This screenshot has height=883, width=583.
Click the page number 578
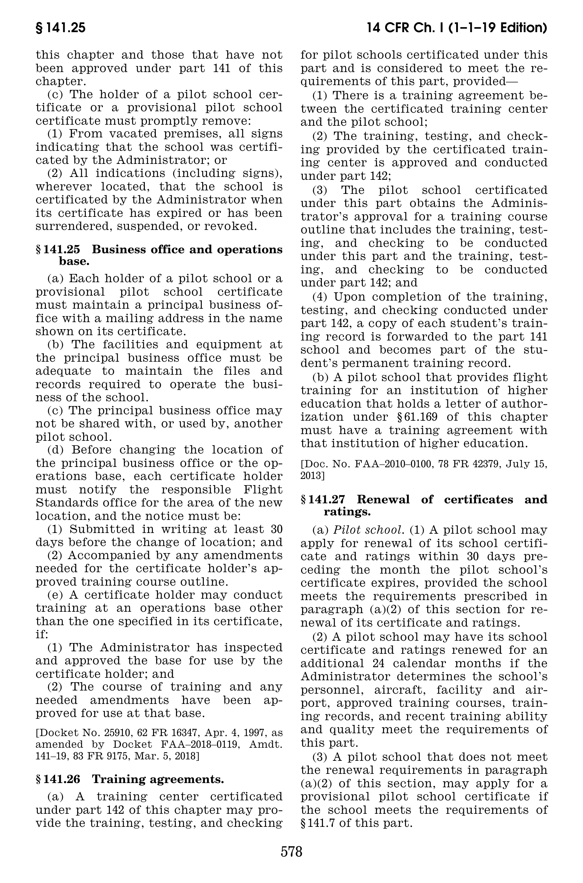[x=291, y=851]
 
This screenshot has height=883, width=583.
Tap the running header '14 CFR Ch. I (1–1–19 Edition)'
[x=456, y=28]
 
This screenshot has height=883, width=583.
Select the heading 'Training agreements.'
[x=158, y=779]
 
